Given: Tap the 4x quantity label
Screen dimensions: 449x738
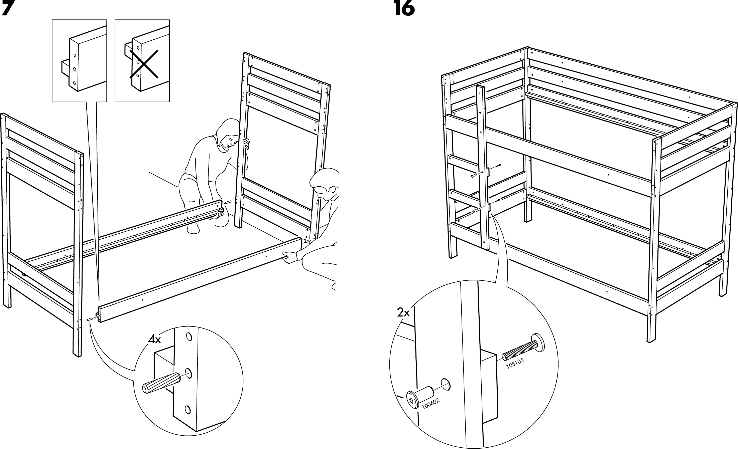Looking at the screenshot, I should [x=155, y=340].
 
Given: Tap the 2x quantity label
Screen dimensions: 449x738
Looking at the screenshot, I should [x=403, y=313].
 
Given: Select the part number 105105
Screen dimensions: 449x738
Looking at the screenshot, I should [x=515, y=363].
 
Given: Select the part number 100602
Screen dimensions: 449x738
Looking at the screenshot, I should [x=430, y=404].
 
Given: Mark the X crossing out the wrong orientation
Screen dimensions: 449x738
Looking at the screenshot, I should [x=144, y=64].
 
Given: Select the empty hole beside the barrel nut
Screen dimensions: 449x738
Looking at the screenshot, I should [x=446, y=385].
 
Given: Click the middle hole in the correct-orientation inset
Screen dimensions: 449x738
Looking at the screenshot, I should [x=75, y=69].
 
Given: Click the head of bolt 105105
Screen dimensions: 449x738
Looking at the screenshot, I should [x=537, y=342].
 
